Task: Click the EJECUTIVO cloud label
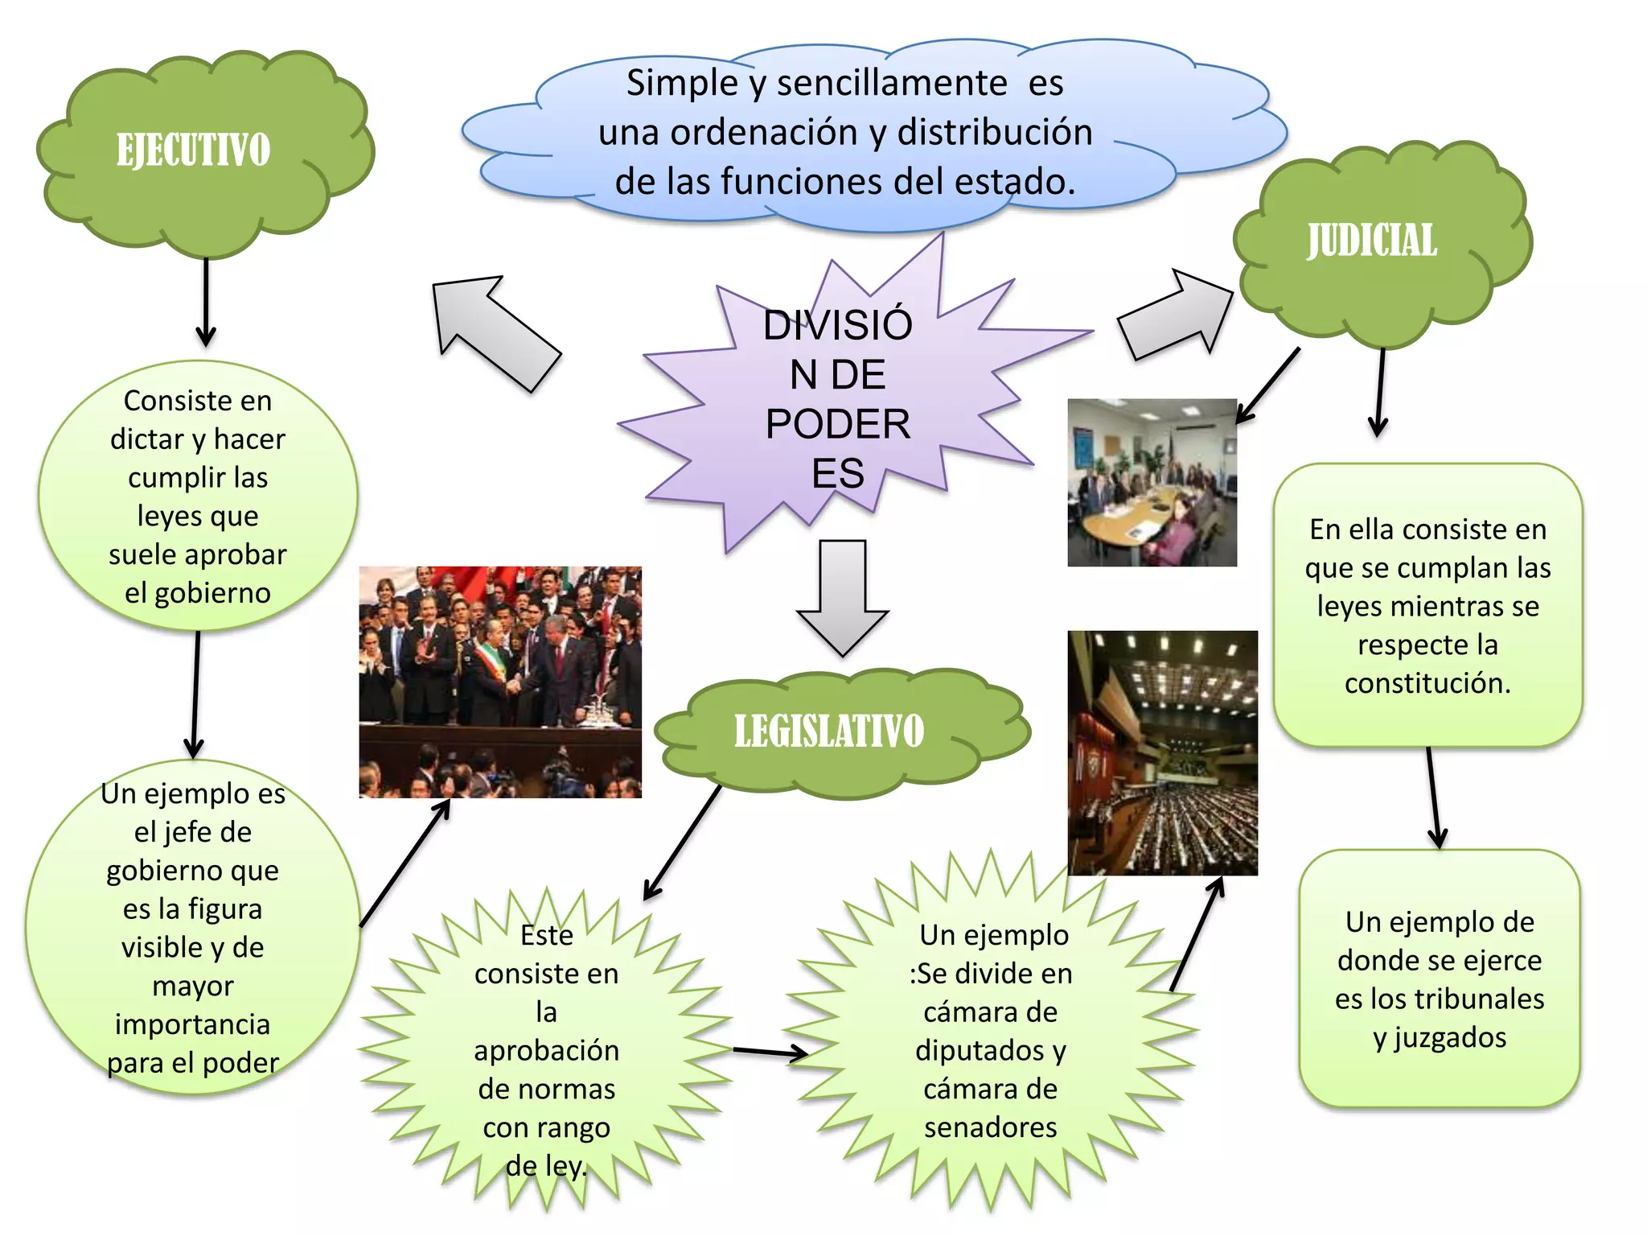click(193, 150)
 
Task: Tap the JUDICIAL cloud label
click(1372, 241)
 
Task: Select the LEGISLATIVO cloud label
click(829, 731)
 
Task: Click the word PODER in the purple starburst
click(838, 423)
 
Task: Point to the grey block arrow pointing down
click(843, 598)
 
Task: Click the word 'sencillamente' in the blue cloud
click(892, 83)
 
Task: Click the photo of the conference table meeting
click(1152, 482)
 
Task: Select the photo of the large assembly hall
click(1162, 752)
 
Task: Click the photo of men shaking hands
click(500, 682)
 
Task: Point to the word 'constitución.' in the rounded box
click(1427, 683)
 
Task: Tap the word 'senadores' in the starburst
click(991, 1127)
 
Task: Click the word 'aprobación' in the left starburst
click(547, 1051)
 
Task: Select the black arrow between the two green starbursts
click(771, 1051)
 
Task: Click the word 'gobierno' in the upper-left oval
click(212, 594)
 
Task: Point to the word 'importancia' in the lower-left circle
click(193, 1025)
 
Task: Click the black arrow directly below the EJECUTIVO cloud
click(206, 303)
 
